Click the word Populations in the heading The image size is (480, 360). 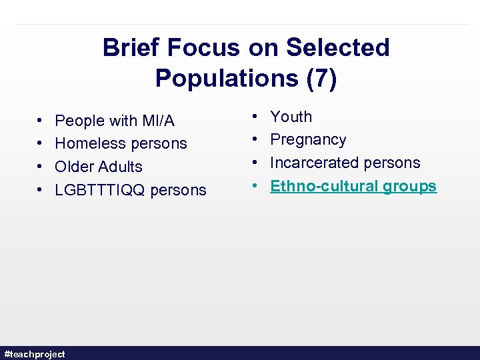tap(222, 78)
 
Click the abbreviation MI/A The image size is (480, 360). tap(158, 121)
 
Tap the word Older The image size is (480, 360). tap(75, 167)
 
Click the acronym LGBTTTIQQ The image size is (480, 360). tap(100, 190)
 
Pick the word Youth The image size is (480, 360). tap(291, 117)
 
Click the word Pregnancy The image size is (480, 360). tap(308, 140)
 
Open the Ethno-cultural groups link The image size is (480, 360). tap(353, 186)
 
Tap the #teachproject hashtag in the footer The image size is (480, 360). tap(35, 354)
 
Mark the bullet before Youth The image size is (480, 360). tap(256, 117)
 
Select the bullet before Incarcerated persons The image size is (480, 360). tap(256, 163)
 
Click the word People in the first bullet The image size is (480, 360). tap(80, 121)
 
